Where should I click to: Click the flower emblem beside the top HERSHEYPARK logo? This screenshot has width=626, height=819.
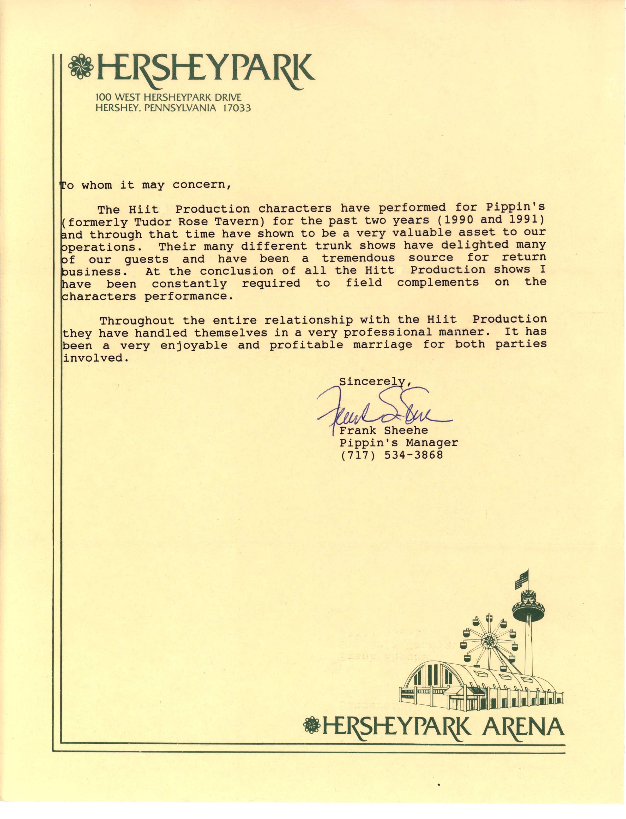click(81, 67)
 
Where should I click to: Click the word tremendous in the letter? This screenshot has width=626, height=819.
click(358, 258)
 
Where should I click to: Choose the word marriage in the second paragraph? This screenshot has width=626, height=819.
click(382, 344)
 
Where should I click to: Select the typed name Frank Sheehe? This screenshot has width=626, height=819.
click(383, 430)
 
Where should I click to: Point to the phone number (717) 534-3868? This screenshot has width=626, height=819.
click(391, 455)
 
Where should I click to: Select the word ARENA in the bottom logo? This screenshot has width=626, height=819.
click(523, 727)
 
